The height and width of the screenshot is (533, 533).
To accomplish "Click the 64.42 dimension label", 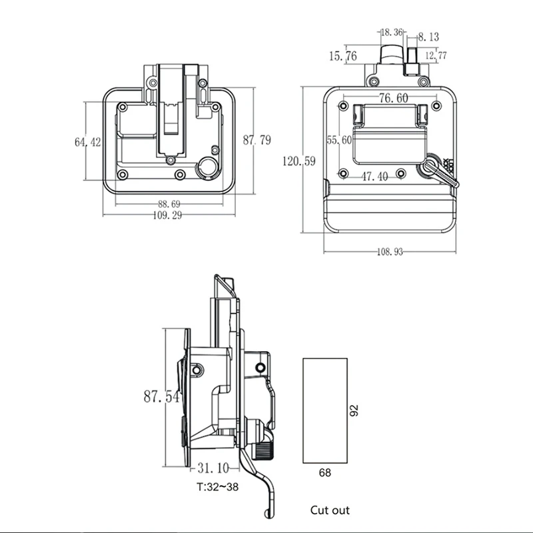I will (87, 141).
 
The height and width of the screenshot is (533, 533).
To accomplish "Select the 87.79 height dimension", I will (257, 140).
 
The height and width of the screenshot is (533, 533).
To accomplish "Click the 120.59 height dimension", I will (299, 161).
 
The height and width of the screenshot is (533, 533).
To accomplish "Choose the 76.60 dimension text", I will (393, 98).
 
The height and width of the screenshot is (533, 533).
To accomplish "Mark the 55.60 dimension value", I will (339, 139).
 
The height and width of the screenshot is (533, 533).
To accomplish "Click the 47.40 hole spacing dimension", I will (376, 177).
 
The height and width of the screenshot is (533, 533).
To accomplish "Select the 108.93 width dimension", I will (390, 252).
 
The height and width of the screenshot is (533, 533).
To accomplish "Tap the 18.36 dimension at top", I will (392, 31).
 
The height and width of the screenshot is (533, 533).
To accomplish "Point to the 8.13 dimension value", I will (428, 37).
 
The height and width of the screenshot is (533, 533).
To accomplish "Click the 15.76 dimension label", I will (344, 57).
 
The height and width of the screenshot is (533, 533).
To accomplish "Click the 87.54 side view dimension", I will (161, 396).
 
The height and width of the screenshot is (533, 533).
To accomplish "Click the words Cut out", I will (329, 510).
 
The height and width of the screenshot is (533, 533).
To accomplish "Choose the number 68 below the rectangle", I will (324, 472).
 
